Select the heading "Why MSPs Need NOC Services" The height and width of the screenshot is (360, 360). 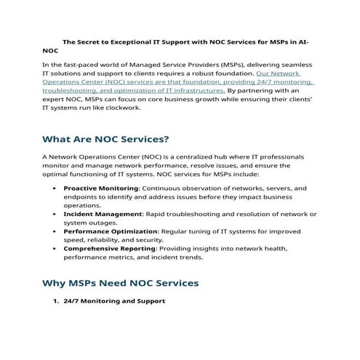120,281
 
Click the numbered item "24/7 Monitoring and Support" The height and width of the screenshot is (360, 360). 114,300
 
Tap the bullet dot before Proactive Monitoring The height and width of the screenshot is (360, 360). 57,188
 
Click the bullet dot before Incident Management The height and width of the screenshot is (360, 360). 57,215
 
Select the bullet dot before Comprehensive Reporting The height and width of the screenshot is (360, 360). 57,249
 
